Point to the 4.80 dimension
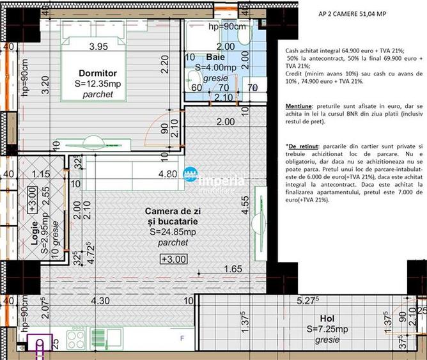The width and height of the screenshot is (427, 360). click(167, 173)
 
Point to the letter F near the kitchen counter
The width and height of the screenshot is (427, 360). click(182, 338)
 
